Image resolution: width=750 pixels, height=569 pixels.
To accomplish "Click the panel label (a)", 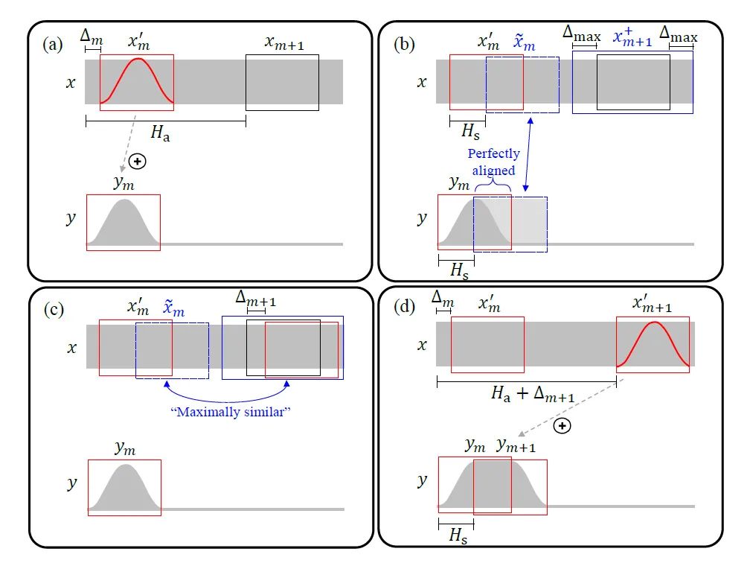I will pyautogui.click(x=52, y=44).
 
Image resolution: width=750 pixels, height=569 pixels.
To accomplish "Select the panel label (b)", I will pyautogui.click(x=405, y=44).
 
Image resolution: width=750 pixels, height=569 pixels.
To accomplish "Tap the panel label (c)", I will pyautogui.click(x=52, y=307).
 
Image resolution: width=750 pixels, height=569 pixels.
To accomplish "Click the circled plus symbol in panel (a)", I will pyautogui.click(x=137, y=161).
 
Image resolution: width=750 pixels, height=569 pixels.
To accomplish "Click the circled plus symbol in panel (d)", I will pyautogui.click(x=563, y=426).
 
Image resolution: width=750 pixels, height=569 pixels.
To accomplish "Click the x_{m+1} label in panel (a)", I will pyautogui.click(x=283, y=42).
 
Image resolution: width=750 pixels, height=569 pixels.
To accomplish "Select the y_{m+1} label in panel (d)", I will pyautogui.click(x=516, y=445).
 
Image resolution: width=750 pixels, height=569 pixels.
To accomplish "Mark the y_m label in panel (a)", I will pyautogui.click(x=124, y=182).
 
